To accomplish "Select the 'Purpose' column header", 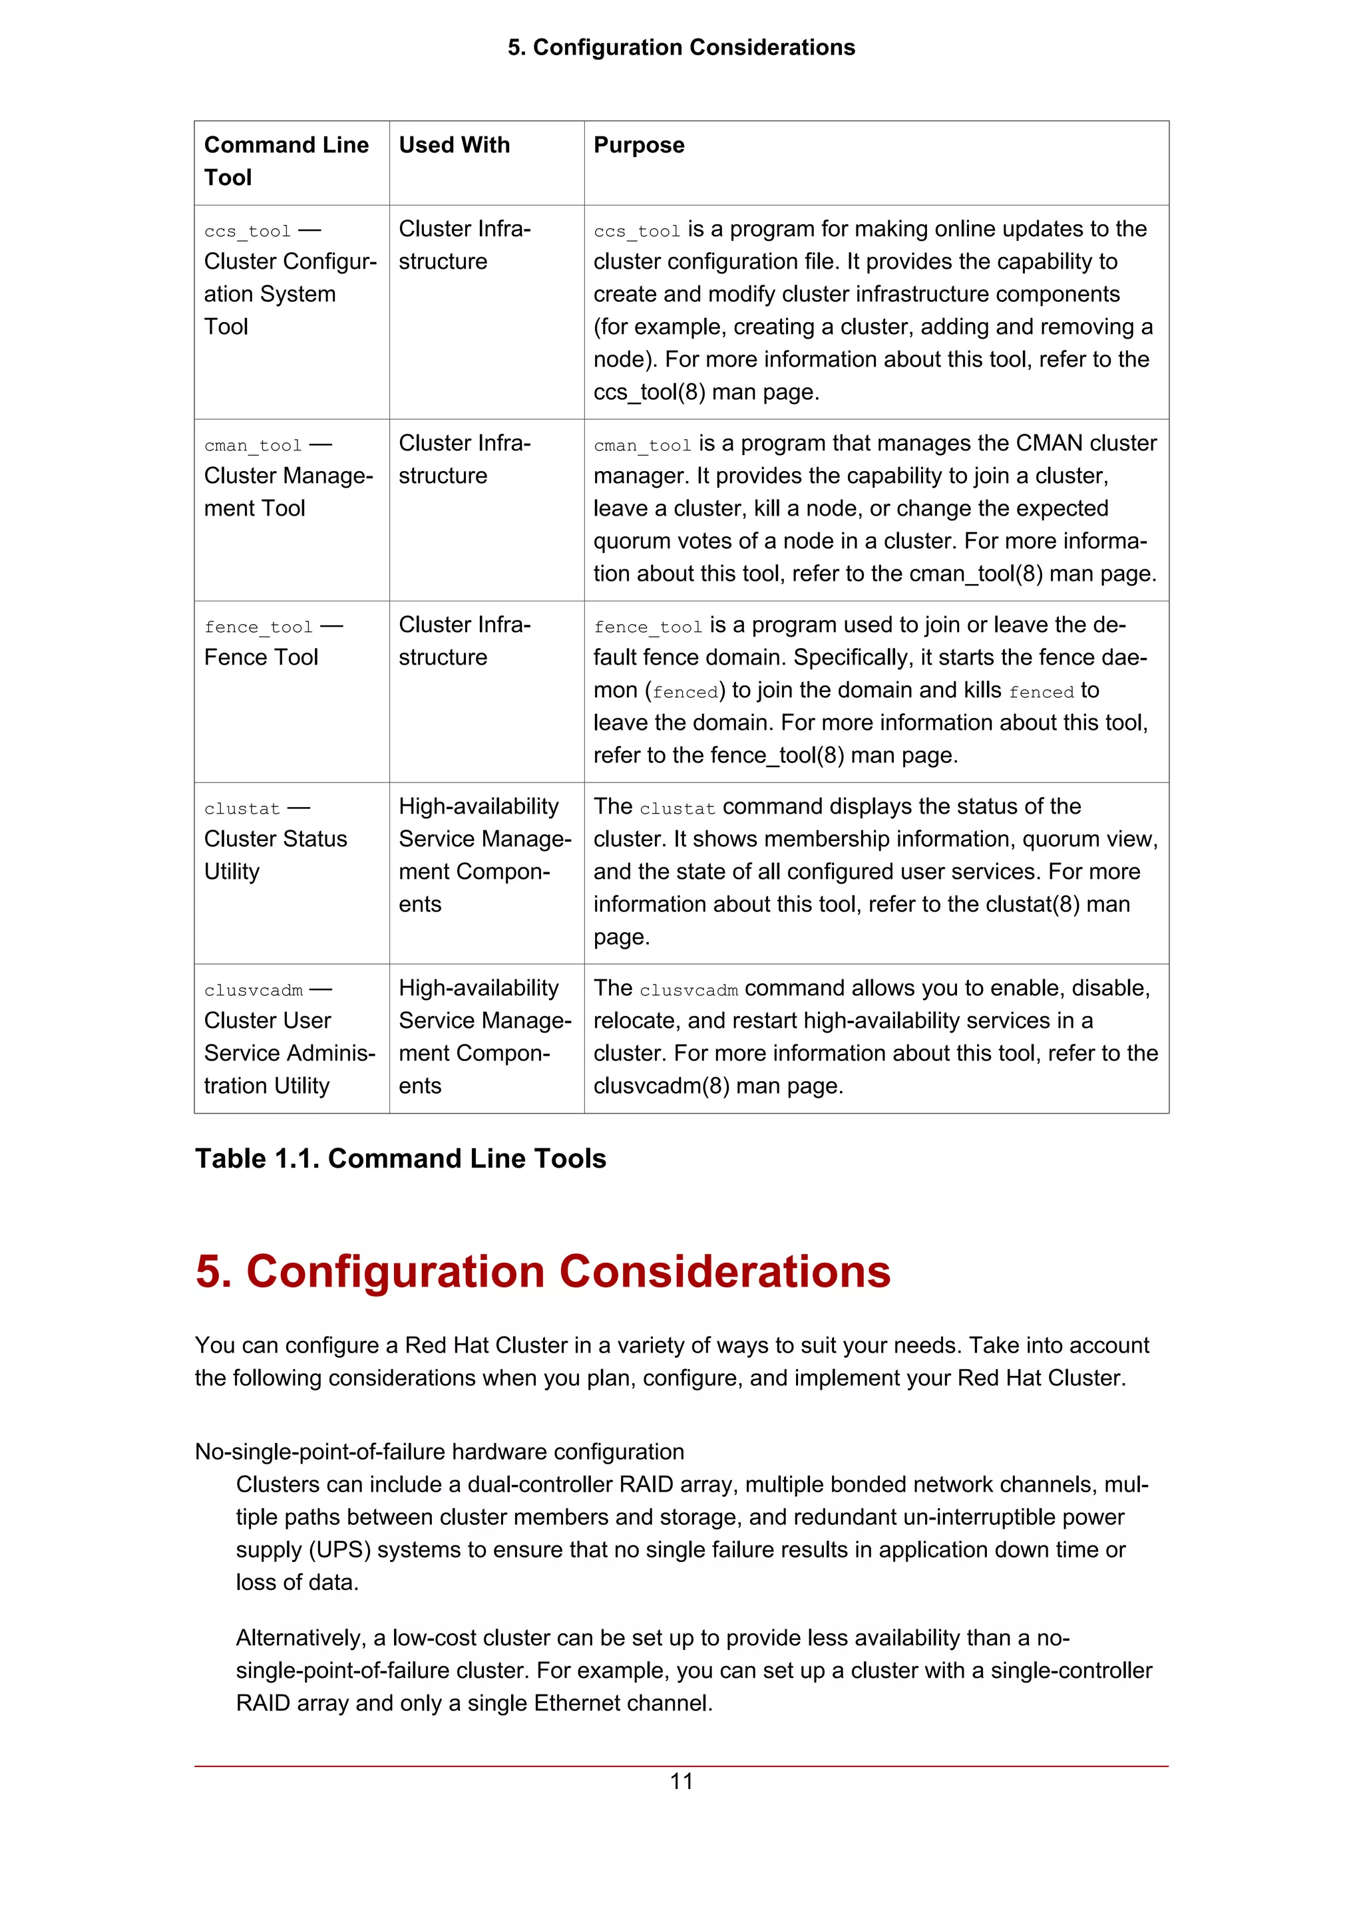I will tap(638, 145).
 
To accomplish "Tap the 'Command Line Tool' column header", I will tap(286, 160).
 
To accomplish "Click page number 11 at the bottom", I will tap(681, 1780).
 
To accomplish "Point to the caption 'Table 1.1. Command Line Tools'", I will tap(400, 1158).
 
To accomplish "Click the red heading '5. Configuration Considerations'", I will tap(542, 1271).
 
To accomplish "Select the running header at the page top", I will tap(681, 47).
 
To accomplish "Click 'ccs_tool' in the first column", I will tap(247, 231).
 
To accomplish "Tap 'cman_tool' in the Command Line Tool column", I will tap(252, 445).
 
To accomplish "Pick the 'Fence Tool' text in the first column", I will tap(260, 657).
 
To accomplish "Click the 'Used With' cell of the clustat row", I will tap(484, 855).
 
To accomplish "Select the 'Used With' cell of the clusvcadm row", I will tap(484, 1037).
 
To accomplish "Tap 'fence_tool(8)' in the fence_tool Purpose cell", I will tap(777, 755).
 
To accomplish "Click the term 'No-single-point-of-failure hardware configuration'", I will tap(439, 1451).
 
